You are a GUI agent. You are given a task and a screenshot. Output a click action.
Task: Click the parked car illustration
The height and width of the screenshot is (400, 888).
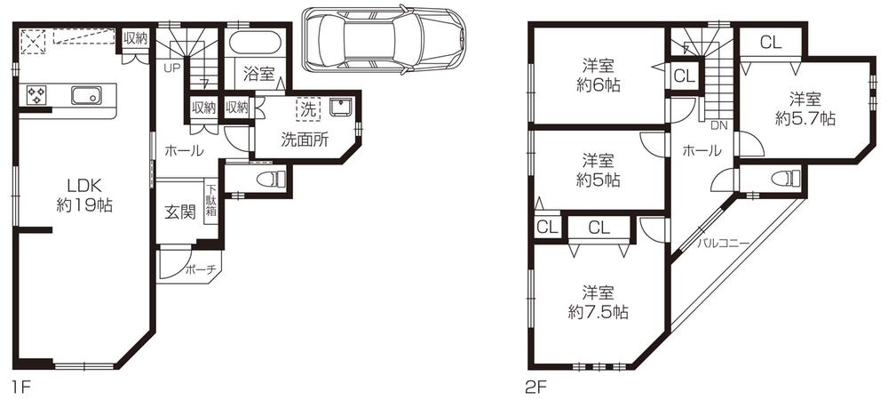tap(384, 40)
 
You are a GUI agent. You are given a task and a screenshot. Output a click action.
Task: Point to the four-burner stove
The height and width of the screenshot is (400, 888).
tap(37, 95)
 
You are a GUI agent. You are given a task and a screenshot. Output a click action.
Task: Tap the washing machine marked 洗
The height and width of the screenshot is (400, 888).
tap(307, 110)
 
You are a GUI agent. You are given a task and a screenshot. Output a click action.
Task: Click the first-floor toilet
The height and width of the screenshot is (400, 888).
tap(270, 180)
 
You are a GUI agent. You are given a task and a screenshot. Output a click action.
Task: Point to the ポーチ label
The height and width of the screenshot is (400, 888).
tap(201, 271)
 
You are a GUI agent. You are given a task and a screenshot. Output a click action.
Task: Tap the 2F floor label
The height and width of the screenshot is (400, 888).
tap(535, 388)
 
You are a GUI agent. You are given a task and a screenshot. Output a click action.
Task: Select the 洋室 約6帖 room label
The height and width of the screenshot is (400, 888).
tap(597, 75)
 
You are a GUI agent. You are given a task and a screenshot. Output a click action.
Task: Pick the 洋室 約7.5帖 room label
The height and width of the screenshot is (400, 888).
tap(597, 301)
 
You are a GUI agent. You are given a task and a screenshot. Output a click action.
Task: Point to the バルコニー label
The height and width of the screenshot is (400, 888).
tap(723, 242)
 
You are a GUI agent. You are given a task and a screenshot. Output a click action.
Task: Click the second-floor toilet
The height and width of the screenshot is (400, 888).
tap(785, 179)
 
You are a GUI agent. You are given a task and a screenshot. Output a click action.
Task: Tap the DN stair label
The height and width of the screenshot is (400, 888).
tap(720, 126)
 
